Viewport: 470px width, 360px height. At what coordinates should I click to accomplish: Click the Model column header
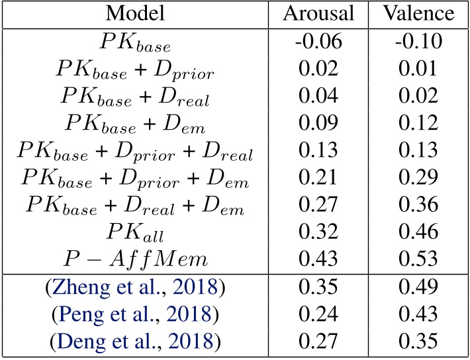135,13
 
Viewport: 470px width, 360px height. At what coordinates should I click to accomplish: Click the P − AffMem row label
135,258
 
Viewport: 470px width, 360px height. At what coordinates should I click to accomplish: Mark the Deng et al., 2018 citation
135,341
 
